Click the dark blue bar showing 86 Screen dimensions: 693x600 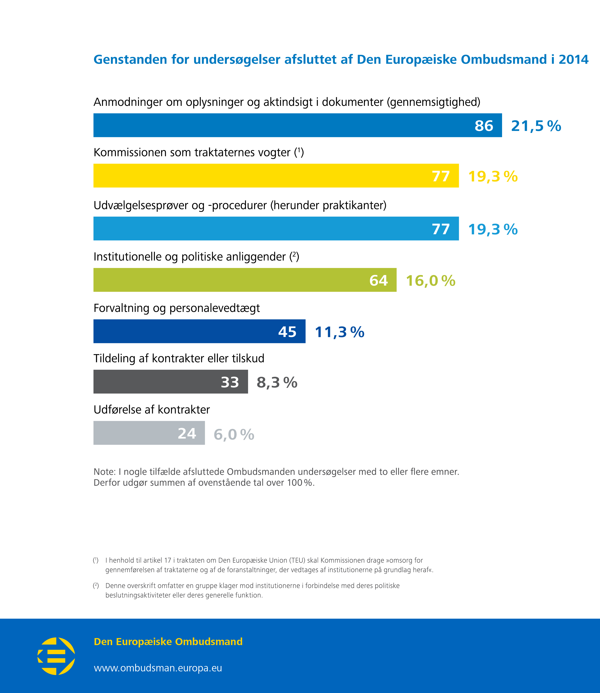(297, 125)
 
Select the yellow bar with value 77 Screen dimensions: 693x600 (276, 176)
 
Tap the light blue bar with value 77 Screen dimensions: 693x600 (276, 228)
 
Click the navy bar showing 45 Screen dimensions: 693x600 (199, 331)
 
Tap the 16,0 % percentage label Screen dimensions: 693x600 (431, 281)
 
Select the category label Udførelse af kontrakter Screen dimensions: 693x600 (152, 410)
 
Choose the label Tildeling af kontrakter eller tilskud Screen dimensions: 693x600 (179, 358)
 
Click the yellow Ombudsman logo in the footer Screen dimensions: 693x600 (56, 656)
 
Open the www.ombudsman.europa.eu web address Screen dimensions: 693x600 (158, 668)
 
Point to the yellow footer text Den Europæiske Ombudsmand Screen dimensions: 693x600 (168, 641)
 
